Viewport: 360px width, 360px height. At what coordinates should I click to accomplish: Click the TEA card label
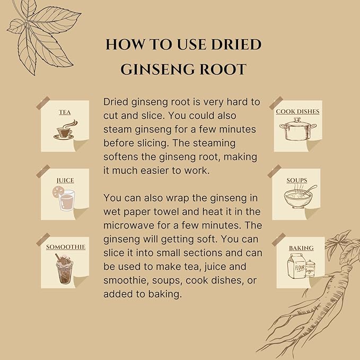(65, 112)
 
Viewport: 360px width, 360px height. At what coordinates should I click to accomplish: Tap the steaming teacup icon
(65, 130)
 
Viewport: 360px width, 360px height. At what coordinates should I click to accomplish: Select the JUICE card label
(65, 180)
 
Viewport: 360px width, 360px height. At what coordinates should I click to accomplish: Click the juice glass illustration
(64, 198)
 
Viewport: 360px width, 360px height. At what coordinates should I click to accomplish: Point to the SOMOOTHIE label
(66, 247)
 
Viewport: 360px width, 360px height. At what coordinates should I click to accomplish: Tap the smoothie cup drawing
(64, 269)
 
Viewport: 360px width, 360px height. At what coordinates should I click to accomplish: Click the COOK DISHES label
(297, 111)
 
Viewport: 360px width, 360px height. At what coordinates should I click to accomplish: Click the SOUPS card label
(296, 180)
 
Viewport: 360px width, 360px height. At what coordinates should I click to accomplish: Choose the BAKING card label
(301, 248)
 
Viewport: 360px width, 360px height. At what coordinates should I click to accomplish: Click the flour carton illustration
(296, 266)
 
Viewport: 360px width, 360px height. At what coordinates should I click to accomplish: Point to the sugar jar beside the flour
(310, 269)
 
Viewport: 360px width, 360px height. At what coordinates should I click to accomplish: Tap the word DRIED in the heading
(236, 45)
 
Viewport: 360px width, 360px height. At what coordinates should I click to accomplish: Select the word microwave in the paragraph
(128, 225)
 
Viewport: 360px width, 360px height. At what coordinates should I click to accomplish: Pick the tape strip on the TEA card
(43, 103)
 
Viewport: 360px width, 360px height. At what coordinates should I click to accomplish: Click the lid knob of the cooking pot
(297, 119)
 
